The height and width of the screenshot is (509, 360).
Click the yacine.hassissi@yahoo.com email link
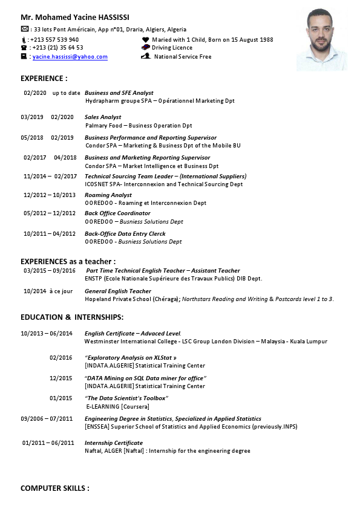pyautogui.click(x=70, y=57)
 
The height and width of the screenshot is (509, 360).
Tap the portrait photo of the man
pyautogui.click(x=321, y=39)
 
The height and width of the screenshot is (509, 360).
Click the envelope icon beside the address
pyautogui.click(x=24, y=29)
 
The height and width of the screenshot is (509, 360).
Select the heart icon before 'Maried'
pyautogui.click(x=145, y=40)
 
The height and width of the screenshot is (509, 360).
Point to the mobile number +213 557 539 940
pyautogui.click(x=54, y=40)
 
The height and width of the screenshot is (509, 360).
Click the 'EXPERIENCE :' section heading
pyautogui.click(x=44, y=79)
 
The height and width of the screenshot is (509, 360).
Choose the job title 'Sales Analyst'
pyautogui.click(x=103, y=117)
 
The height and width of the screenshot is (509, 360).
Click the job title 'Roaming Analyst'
pyautogui.click(x=108, y=195)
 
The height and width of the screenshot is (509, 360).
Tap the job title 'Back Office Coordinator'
pyautogui.click(x=117, y=213)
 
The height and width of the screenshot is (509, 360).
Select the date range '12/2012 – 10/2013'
pyautogui.click(x=50, y=195)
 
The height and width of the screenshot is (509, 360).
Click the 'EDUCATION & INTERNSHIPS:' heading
pyautogui.click(x=72, y=317)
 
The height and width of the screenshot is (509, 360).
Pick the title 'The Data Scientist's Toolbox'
pyautogui.click(x=126, y=398)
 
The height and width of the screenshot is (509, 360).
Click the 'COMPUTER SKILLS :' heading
pyautogui.click(x=55, y=488)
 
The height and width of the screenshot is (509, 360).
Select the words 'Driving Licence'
pyautogui.click(x=172, y=48)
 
